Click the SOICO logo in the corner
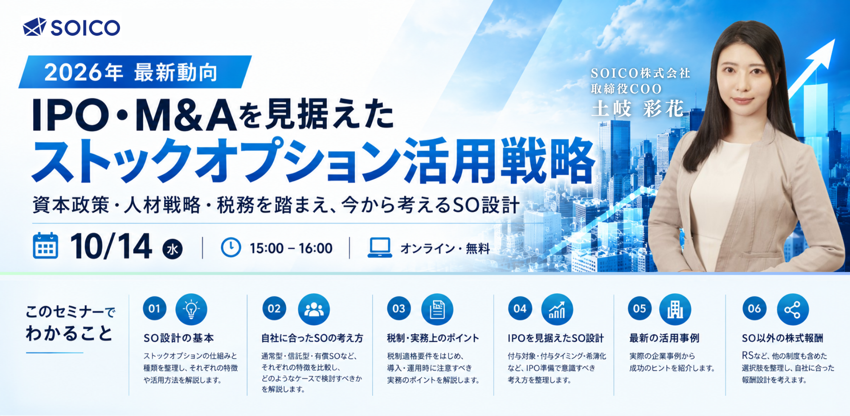click(x=71, y=27)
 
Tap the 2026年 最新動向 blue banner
click(x=135, y=72)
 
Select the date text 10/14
click(x=111, y=246)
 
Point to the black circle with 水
click(x=173, y=249)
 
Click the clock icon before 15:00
click(x=231, y=247)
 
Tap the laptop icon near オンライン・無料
click(x=380, y=247)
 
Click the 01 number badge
click(x=155, y=309)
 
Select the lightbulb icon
click(x=191, y=309)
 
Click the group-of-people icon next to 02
click(x=314, y=309)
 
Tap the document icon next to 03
click(x=437, y=309)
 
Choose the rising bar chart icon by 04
click(x=557, y=309)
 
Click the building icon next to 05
click(x=675, y=309)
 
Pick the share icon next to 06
click(x=793, y=309)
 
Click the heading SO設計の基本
click(x=178, y=338)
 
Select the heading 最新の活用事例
click(x=664, y=338)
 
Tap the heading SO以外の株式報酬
click(x=782, y=338)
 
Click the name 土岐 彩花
click(x=637, y=109)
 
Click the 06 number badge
click(x=754, y=309)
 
